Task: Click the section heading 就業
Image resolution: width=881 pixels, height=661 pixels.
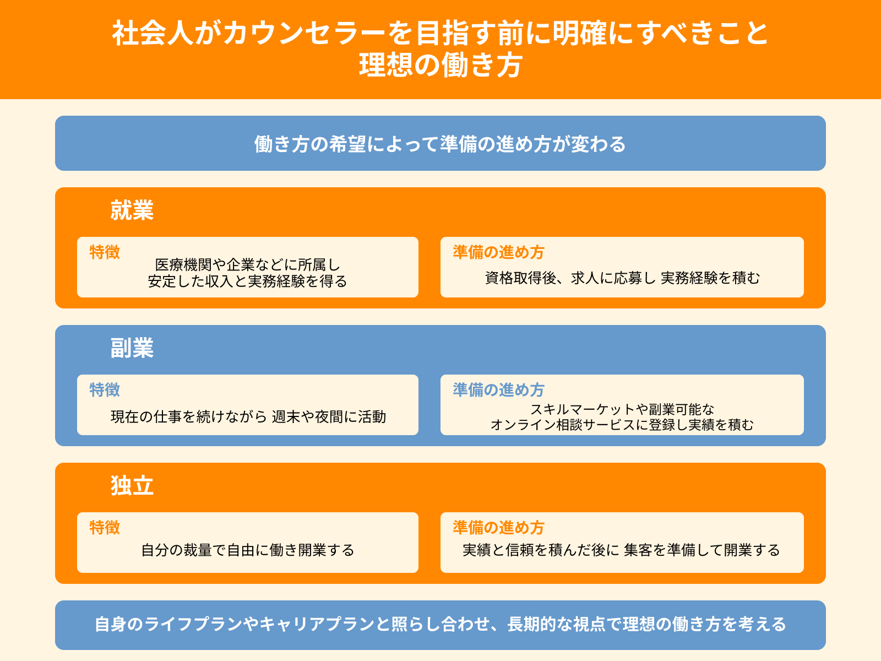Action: point(132,210)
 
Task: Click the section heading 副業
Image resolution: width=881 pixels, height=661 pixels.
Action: point(132,348)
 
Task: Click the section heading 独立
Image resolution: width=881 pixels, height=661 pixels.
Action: point(132,486)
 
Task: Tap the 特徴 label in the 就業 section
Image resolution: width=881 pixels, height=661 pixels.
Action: point(105,252)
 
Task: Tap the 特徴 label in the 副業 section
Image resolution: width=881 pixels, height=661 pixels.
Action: point(105,390)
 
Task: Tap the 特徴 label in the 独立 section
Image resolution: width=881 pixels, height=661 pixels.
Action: point(105,528)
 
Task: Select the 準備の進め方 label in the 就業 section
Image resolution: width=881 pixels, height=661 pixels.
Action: point(498,252)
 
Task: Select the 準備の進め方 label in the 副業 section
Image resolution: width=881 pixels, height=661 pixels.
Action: point(498,390)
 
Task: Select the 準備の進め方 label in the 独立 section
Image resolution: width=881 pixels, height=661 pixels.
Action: point(498,528)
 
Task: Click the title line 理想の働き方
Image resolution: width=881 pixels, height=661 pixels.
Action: point(440,66)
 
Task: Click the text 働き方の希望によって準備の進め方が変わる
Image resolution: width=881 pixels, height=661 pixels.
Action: point(440,144)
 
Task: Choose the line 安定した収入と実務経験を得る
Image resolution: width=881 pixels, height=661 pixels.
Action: point(248,281)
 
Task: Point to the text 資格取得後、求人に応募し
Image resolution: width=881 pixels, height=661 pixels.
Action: point(570,278)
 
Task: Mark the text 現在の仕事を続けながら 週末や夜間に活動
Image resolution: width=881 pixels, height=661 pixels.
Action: point(248,417)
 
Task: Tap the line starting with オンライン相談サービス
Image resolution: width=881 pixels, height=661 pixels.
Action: point(622,425)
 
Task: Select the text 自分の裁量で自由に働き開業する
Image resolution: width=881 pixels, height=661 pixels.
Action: point(248,550)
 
